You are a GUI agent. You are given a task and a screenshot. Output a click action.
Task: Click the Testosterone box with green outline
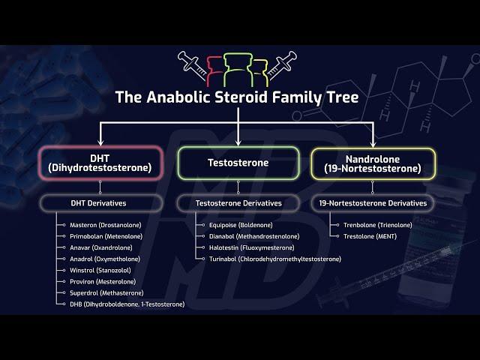point(238,163)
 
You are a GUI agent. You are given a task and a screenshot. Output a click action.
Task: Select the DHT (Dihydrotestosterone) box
point(100,163)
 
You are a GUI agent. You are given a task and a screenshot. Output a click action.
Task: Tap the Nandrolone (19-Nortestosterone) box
point(373,163)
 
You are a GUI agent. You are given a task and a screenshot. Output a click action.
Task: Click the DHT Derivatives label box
point(100,203)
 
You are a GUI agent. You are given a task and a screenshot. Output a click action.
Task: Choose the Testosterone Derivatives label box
point(238,203)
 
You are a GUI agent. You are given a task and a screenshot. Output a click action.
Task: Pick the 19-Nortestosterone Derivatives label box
point(373,203)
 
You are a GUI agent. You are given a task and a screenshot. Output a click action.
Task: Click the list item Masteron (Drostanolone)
point(106,225)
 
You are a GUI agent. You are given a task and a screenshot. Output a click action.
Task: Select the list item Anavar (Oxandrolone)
point(101,247)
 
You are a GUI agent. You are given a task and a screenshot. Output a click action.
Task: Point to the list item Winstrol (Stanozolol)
point(100,270)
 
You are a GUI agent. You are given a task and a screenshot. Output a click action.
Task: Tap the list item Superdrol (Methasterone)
point(106,293)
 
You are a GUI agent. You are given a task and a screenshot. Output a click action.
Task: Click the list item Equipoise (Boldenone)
point(241,225)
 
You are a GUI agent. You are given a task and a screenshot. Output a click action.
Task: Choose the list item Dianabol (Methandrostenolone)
point(254,236)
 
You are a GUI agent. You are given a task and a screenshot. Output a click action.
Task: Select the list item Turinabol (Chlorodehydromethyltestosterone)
point(275,259)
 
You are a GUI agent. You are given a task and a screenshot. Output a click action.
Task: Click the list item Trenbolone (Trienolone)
point(378,225)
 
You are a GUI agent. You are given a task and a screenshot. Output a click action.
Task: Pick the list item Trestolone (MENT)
point(370,236)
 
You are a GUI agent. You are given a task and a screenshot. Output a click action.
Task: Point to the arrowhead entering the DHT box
point(100,142)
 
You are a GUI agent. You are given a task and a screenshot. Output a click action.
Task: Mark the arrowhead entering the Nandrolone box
point(373,143)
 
